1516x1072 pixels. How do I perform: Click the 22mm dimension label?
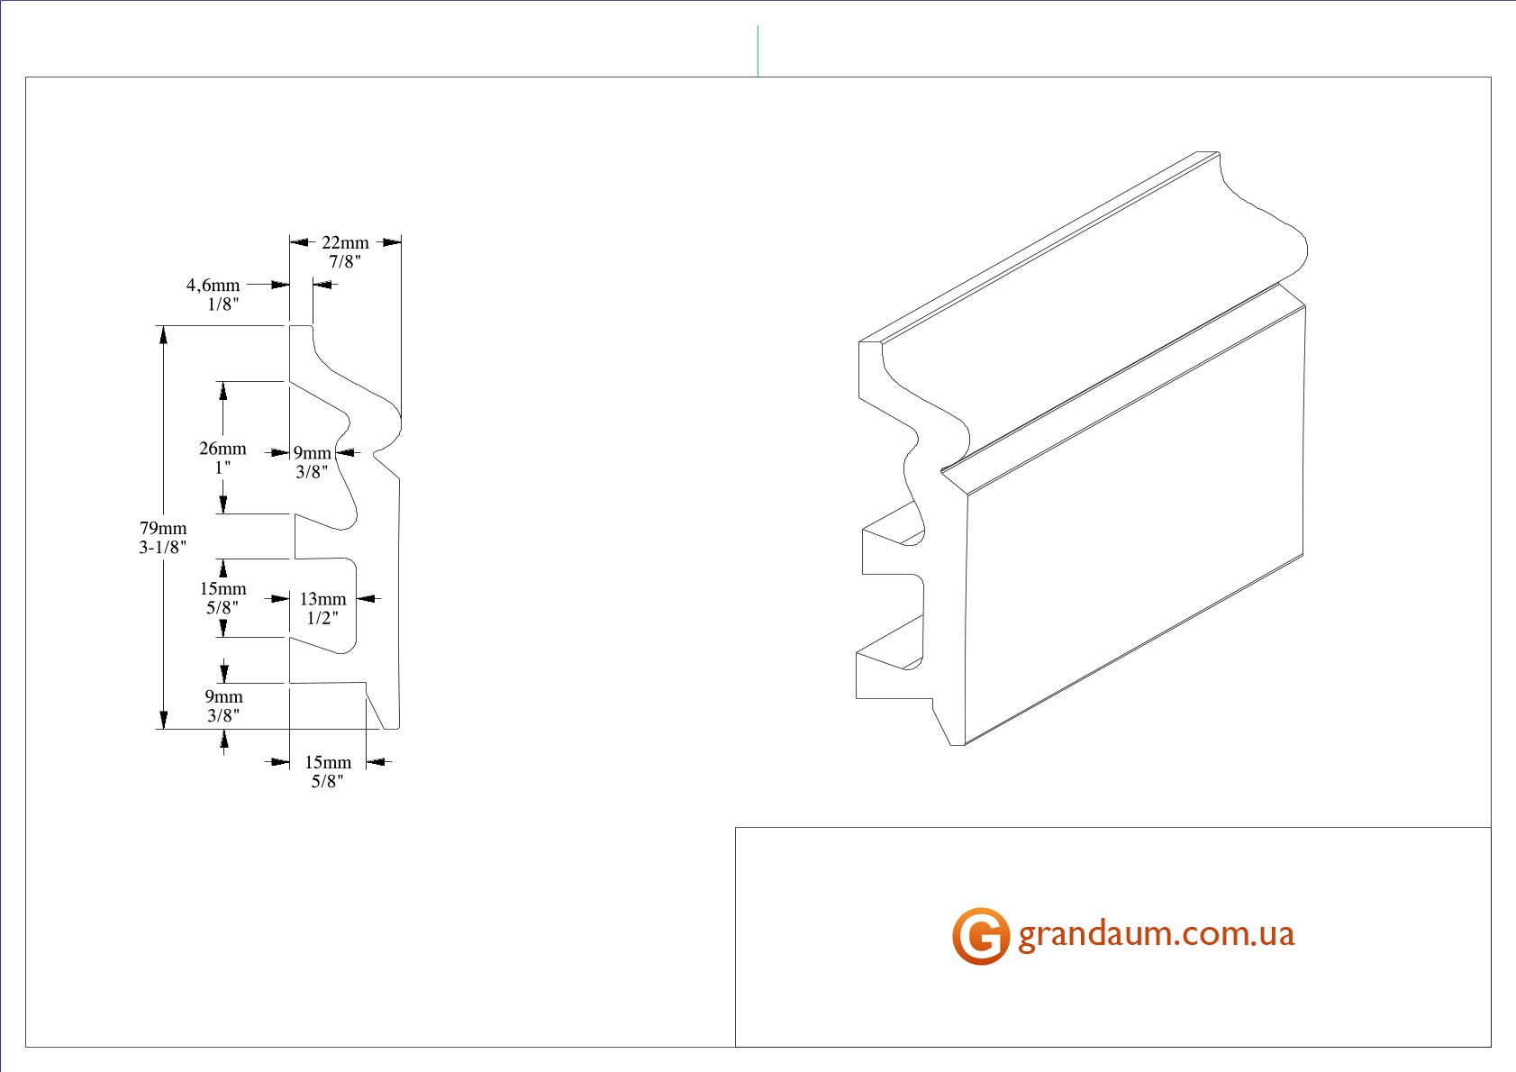(x=345, y=242)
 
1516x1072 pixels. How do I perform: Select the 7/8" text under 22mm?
(x=345, y=261)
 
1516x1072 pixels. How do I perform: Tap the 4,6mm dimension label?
(x=213, y=285)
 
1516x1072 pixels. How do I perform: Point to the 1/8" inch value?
(x=222, y=304)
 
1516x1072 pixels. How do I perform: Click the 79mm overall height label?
(x=163, y=528)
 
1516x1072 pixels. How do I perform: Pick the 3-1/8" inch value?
(x=163, y=547)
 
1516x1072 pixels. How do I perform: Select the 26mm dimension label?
(x=222, y=448)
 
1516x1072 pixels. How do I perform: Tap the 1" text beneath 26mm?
(x=222, y=467)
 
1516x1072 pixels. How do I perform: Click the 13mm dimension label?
(x=322, y=598)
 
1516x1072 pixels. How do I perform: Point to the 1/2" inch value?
(x=322, y=617)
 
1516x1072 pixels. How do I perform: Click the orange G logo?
(x=980, y=936)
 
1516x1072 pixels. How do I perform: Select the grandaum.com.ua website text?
(x=1156, y=933)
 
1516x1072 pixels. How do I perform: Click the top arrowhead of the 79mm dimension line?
(x=163, y=334)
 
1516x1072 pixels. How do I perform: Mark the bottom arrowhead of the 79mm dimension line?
(x=163, y=719)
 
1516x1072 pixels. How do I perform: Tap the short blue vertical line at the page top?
(x=758, y=50)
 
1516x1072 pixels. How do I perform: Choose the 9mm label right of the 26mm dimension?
(x=312, y=452)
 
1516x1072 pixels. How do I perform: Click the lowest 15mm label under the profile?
(x=328, y=762)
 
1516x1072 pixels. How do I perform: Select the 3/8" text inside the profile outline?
(x=312, y=471)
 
